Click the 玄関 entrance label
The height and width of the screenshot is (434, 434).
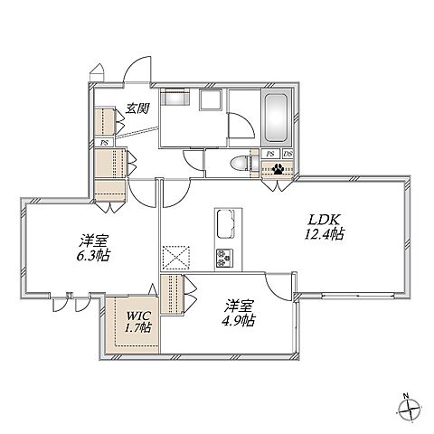pos(137,108)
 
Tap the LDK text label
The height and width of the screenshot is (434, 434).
pos(324,220)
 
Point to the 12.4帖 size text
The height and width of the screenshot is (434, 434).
pos(324,234)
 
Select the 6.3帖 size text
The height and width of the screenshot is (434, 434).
pos(93,256)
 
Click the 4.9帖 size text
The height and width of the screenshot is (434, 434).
pos(239,320)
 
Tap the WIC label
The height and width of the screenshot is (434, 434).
pos(138,316)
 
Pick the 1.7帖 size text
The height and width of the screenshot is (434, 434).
pos(138,327)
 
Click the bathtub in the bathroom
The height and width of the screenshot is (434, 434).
pos(276,118)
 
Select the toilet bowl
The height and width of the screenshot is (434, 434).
pos(240,165)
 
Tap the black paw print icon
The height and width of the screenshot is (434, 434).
pos(278,170)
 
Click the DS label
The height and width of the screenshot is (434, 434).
pos(288,154)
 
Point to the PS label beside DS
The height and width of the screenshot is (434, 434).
pos(270,154)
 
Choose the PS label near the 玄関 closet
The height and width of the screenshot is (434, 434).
pos(104,143)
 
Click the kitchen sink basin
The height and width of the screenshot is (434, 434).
pos(225,223)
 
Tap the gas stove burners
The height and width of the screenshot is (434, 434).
pos(224,259)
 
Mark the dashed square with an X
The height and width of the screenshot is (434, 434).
pos(176,258)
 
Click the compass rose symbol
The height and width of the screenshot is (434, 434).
pos(409,409)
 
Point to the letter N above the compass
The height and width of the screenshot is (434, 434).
pos(406,395)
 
